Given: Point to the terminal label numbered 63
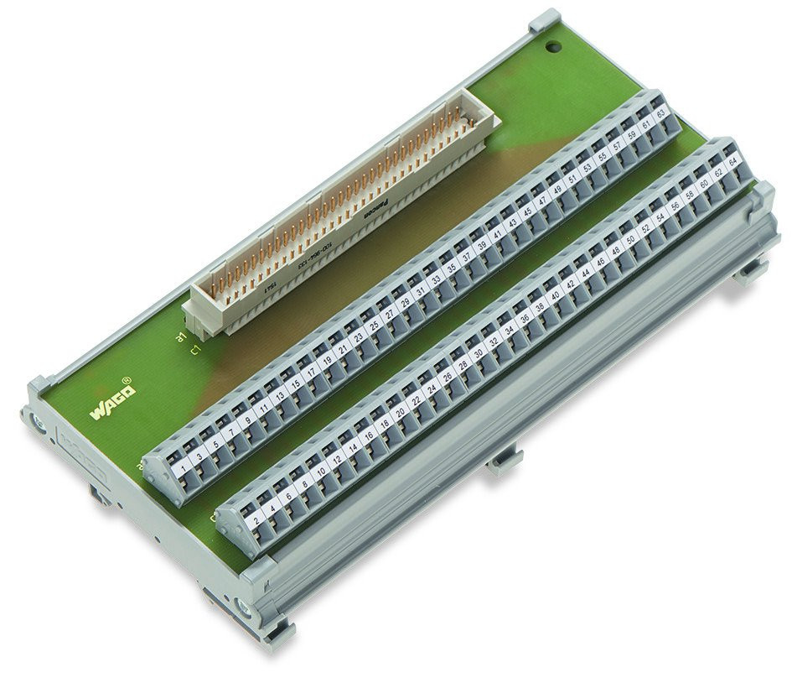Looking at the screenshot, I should point(660,113).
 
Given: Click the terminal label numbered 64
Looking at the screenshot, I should point(732,159).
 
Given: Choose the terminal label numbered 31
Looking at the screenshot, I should point(421,285).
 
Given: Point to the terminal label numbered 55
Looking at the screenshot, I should point(603,154).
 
